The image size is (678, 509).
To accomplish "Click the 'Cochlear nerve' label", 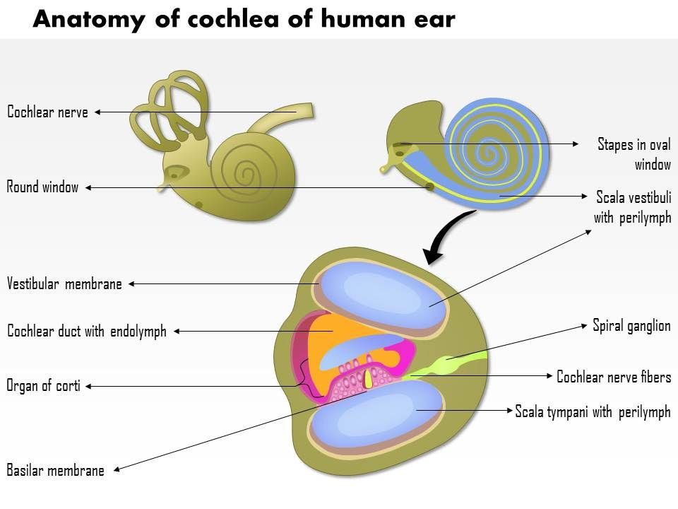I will click(x=47, y=112).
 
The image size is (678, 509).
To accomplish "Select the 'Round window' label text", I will click(x=42, y=187).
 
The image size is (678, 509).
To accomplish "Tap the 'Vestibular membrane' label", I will click(x=64, y=284).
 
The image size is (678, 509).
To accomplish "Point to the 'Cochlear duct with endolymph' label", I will click(x=87, y=331).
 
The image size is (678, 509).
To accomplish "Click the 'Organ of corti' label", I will click(x=43, y=386).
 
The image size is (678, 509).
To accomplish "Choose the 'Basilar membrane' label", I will click(x=56, y=470).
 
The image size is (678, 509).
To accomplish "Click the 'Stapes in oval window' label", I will click(x=634, y=154).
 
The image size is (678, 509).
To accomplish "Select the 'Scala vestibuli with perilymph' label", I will click(x=632, y=206).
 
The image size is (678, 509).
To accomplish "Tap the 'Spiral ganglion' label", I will click(x=631, y=326).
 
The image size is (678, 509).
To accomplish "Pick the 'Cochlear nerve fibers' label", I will click(x=614, y=377).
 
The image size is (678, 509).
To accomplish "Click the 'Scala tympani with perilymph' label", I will click(x=593, y=411).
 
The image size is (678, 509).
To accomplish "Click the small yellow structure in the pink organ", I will click(x=369, y=380).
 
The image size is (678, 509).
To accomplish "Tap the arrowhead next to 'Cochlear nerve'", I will click(x=97, y=112).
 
